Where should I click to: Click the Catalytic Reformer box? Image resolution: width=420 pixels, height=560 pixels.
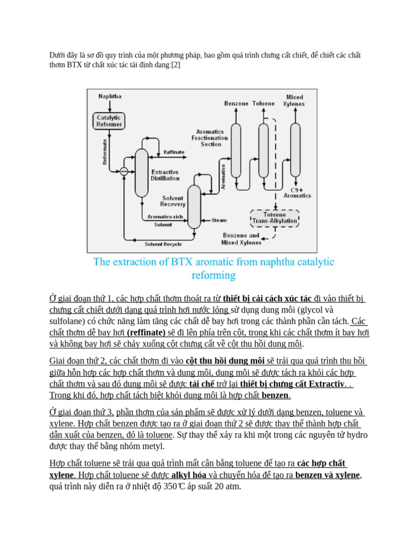pos(109,121)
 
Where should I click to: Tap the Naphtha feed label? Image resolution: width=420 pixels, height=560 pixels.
pos(110,96)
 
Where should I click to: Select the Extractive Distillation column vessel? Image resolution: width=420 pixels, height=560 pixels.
pos(142,173)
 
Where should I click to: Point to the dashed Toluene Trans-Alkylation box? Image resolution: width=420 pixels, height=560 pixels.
pos(275,218)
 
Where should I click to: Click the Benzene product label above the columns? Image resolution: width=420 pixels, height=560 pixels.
pos(236,103)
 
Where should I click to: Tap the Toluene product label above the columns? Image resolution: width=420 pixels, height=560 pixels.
pos(263,103)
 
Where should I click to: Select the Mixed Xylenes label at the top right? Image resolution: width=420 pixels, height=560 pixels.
pos(295,101)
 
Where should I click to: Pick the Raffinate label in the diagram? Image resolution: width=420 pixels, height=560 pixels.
pos(174,153)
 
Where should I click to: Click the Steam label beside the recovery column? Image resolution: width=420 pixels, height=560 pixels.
pos(219,220)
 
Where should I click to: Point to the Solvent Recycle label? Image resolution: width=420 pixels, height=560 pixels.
pos(163,244)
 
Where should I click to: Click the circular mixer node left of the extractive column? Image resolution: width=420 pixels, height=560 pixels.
pos(124,171)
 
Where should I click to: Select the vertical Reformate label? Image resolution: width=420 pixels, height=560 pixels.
pos(104,151)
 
